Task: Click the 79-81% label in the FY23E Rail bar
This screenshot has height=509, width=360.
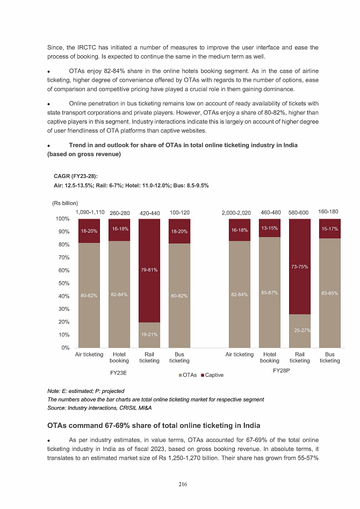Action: pos(149,270)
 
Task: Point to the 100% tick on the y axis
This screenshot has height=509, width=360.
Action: pos(62,219)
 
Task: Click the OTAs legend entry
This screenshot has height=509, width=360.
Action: pos(188,375)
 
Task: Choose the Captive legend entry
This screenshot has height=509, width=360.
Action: pos(212,375)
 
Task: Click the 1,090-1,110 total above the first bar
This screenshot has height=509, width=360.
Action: pos(90,212)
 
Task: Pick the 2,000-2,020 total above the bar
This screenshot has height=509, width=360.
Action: pos(236,213)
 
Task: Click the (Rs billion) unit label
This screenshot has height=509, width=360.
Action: pos(65,203)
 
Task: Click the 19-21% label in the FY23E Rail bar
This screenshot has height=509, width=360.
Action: pos(149,334)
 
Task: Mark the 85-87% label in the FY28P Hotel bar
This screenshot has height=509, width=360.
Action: pos(270,292)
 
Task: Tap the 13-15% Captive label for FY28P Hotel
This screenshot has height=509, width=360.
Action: pos(270,228)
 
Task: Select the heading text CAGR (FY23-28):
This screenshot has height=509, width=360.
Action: pos(75,176)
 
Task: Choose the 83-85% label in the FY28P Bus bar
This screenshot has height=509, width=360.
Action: pos(329,293)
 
